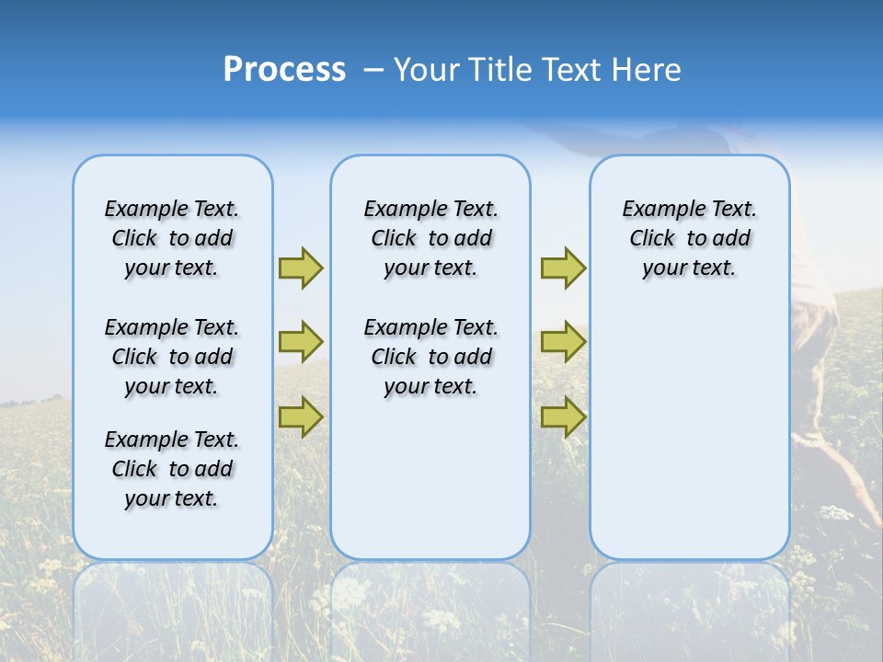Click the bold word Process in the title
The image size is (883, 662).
point(284,69)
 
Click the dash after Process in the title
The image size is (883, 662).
point(373,70)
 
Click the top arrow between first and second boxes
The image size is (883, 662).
point(301,268)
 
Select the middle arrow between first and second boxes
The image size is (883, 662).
point(301,342)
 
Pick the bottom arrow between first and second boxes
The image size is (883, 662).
point(301,417)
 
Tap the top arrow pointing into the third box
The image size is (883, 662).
point(563,268)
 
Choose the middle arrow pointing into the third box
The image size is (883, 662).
point(563,342)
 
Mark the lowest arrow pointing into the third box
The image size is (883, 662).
point(563,417)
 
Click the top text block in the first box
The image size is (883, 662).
point(172,238)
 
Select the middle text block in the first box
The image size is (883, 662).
point(172,357)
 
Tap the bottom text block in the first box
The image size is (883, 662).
point(172,469)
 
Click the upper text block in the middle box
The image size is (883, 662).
point(430,238)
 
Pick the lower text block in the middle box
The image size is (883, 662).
point(430,357)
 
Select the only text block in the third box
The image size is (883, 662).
point(689,238)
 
